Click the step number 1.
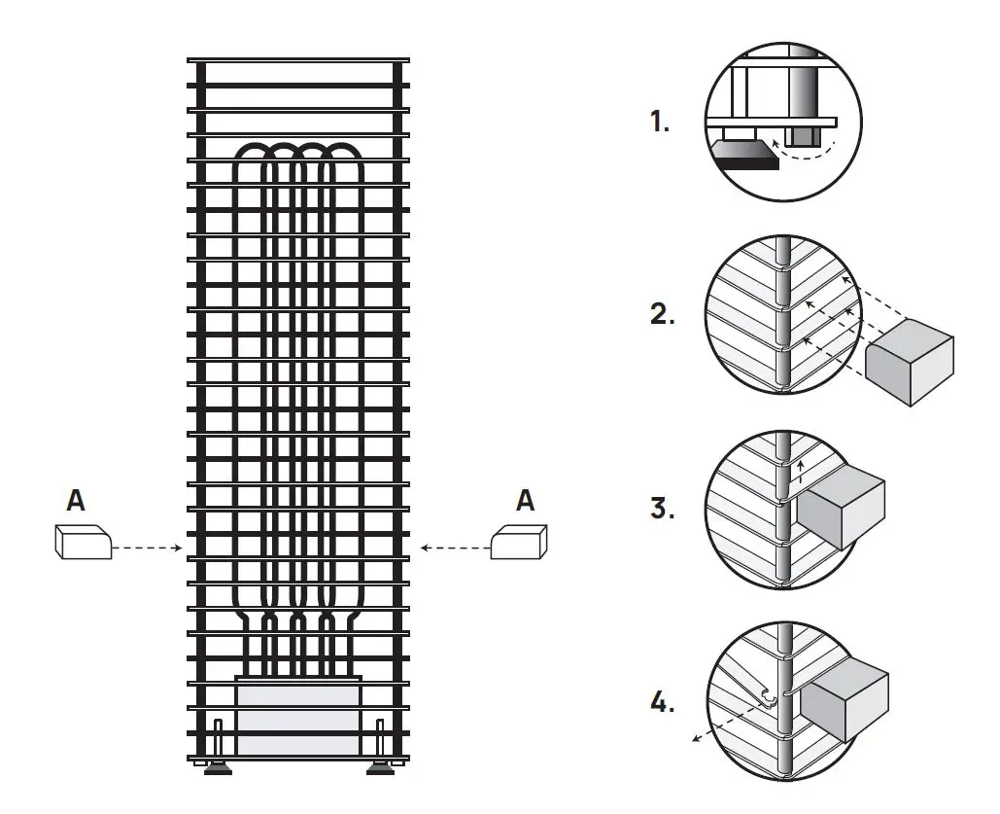click(x=660, y=123)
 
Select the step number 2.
click(x=662, y=315)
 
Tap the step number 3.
click(x=662, y=508)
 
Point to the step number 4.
click(x=662, y=703)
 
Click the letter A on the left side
click(x=76, y=501)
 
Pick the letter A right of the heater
click(x=525, y=501)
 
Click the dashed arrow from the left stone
click(x=146, y=549)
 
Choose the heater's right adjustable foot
click(x=380, y=769)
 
